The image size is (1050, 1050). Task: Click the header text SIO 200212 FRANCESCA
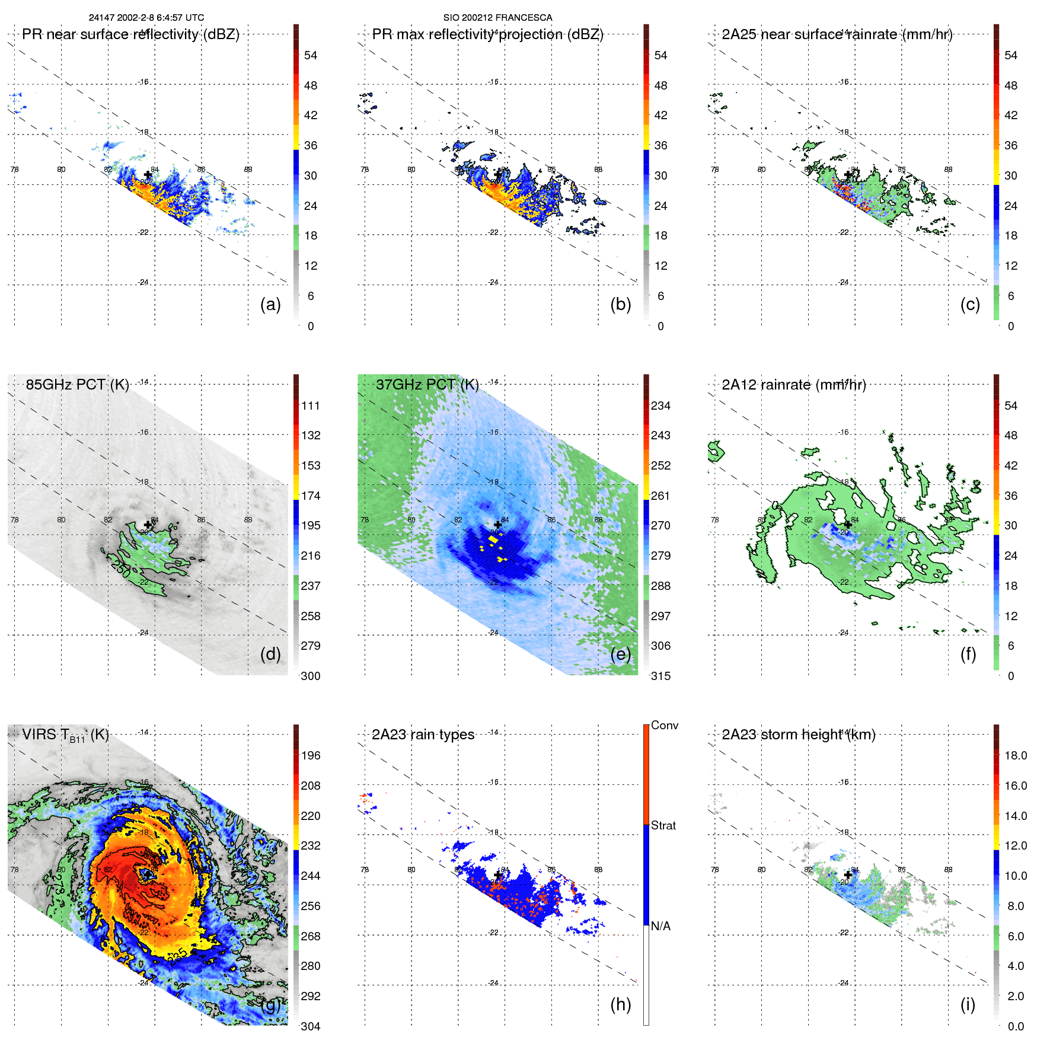[x=497, y=18]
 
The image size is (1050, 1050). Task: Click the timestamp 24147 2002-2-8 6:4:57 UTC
[x=146, y=18]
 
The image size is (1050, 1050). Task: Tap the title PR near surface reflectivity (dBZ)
[x=130, y=34]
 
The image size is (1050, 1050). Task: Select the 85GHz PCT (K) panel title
[x=77, y=385]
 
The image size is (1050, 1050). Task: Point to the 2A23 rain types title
[x=423, y=735]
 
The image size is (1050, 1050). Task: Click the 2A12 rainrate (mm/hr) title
[x=794, y=385]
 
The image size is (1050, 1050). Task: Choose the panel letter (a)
[x=270, y=305]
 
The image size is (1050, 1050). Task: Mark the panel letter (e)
[x=621, y=655]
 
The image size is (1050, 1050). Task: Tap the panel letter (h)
[x=621, y=1004]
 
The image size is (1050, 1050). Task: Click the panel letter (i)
[x=968, y=1004]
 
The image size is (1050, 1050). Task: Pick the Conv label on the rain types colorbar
[x=665, y=725]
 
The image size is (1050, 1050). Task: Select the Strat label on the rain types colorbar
[x=663, y=825]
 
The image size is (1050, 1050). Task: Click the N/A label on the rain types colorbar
[x=661, y=926]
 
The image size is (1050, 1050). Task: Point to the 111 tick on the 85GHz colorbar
[x=311, y=406]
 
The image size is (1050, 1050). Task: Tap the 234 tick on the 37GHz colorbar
[x=660, y=406]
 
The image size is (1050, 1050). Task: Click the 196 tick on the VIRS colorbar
[x=311, y=755]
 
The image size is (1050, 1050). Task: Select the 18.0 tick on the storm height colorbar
[x=1016, y=755]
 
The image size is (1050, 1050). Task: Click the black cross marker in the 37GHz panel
[x=498, y=525]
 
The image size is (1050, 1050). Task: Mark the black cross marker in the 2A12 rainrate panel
[x=848, y=525]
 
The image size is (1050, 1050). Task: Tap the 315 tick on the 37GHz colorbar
[x=660, y=676]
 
